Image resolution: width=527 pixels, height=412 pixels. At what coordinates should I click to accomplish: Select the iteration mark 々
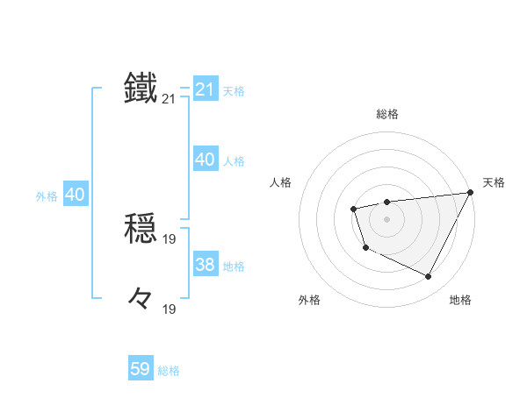click(141, 299)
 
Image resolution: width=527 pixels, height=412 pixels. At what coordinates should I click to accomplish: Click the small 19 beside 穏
click(170, 238)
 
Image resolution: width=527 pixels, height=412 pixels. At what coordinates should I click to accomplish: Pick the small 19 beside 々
click(170, 309)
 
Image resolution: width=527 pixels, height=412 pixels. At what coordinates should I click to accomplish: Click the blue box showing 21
click(206, 89)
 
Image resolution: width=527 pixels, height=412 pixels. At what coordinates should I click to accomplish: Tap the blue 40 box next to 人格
click(206, 160)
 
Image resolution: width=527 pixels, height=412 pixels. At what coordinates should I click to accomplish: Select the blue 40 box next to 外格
click(75, 195)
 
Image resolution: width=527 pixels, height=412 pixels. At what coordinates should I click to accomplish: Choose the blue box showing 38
click(206, 265)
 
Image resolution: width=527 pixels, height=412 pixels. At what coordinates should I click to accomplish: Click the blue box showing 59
click(141, 369)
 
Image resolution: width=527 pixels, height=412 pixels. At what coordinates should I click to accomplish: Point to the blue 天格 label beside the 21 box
click(234, 90)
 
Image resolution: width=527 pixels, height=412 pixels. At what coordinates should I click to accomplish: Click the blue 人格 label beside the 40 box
click(234, 160)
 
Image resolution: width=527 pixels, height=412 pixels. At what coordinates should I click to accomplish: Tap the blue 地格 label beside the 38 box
click(234, 266)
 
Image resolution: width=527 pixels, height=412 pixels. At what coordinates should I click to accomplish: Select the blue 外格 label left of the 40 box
click(47, 196)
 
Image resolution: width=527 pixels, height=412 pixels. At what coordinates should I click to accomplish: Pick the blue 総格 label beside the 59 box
click(169, 371)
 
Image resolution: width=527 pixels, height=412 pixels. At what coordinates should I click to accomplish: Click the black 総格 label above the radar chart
click(386, 114)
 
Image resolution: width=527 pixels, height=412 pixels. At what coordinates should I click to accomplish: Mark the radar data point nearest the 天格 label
click(470, 192)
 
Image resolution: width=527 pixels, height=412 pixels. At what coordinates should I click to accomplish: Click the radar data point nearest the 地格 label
click(429, 277)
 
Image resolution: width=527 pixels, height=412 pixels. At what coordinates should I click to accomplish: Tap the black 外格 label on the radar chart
click(309, 301)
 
